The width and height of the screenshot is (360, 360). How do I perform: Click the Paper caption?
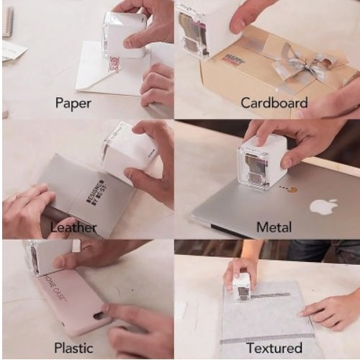pyautogui.click(x=73, y=103)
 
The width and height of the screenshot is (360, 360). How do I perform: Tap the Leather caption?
pyautogui.click(x=73, y=228)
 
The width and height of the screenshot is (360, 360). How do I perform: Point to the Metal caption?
pyautogui.click(x=274, y=228)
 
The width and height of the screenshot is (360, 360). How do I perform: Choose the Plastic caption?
pyautogui.click(x=73, y=348)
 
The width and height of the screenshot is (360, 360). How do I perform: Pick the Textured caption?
pyautogui.click(x=274, y=348)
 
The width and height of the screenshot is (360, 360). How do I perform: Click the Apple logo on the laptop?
pyautogui.click(x=323, y=207)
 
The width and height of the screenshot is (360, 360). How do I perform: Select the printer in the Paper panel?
pyautogui.click(x=125, y=35)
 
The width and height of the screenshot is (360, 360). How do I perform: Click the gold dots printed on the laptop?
pyautogui.click(x=290, y=191)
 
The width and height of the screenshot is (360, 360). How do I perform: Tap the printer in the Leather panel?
pyautogui.click(x=129, y=152)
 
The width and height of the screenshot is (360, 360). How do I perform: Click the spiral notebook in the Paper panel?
pyautogui.click(x=7, y=22)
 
